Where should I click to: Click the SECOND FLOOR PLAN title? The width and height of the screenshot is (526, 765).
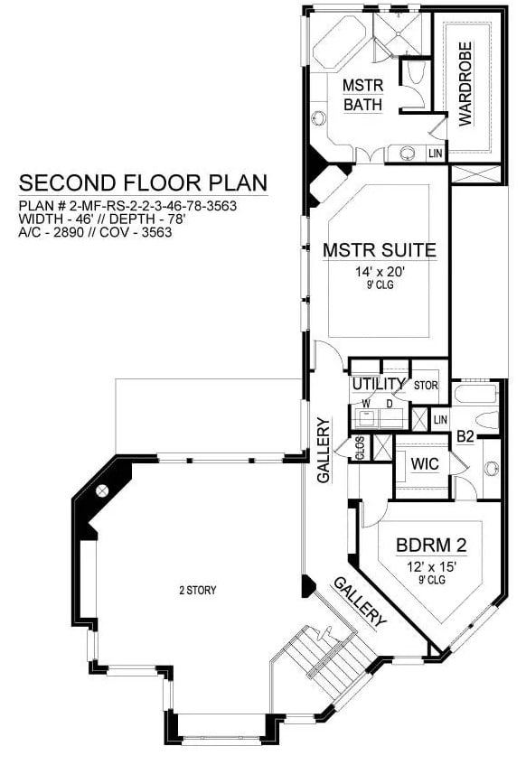point(143,182)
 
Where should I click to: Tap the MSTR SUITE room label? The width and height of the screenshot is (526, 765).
point(380,250)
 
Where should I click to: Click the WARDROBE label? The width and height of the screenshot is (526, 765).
point(465,83)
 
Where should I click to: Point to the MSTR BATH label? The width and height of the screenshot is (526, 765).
point(363,95)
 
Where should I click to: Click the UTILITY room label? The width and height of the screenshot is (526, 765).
point(379,384)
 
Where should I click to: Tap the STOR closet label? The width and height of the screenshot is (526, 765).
point(426,386)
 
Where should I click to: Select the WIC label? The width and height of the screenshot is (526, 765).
point(425,463)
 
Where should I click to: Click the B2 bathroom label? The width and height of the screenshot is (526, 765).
point(465,436)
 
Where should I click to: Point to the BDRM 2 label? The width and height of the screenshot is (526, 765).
point(431,545)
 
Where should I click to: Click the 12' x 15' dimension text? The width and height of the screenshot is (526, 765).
point(431,567)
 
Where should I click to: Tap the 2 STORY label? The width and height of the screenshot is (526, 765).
point(198,591)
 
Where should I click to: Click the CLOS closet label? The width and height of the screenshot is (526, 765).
point(360,448)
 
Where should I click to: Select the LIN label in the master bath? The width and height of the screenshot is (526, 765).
point(435,154)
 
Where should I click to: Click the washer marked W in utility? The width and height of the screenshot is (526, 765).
point(365,418)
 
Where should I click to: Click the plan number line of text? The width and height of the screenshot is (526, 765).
point(127,206)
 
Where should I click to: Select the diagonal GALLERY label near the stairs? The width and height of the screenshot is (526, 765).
point(360,602)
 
